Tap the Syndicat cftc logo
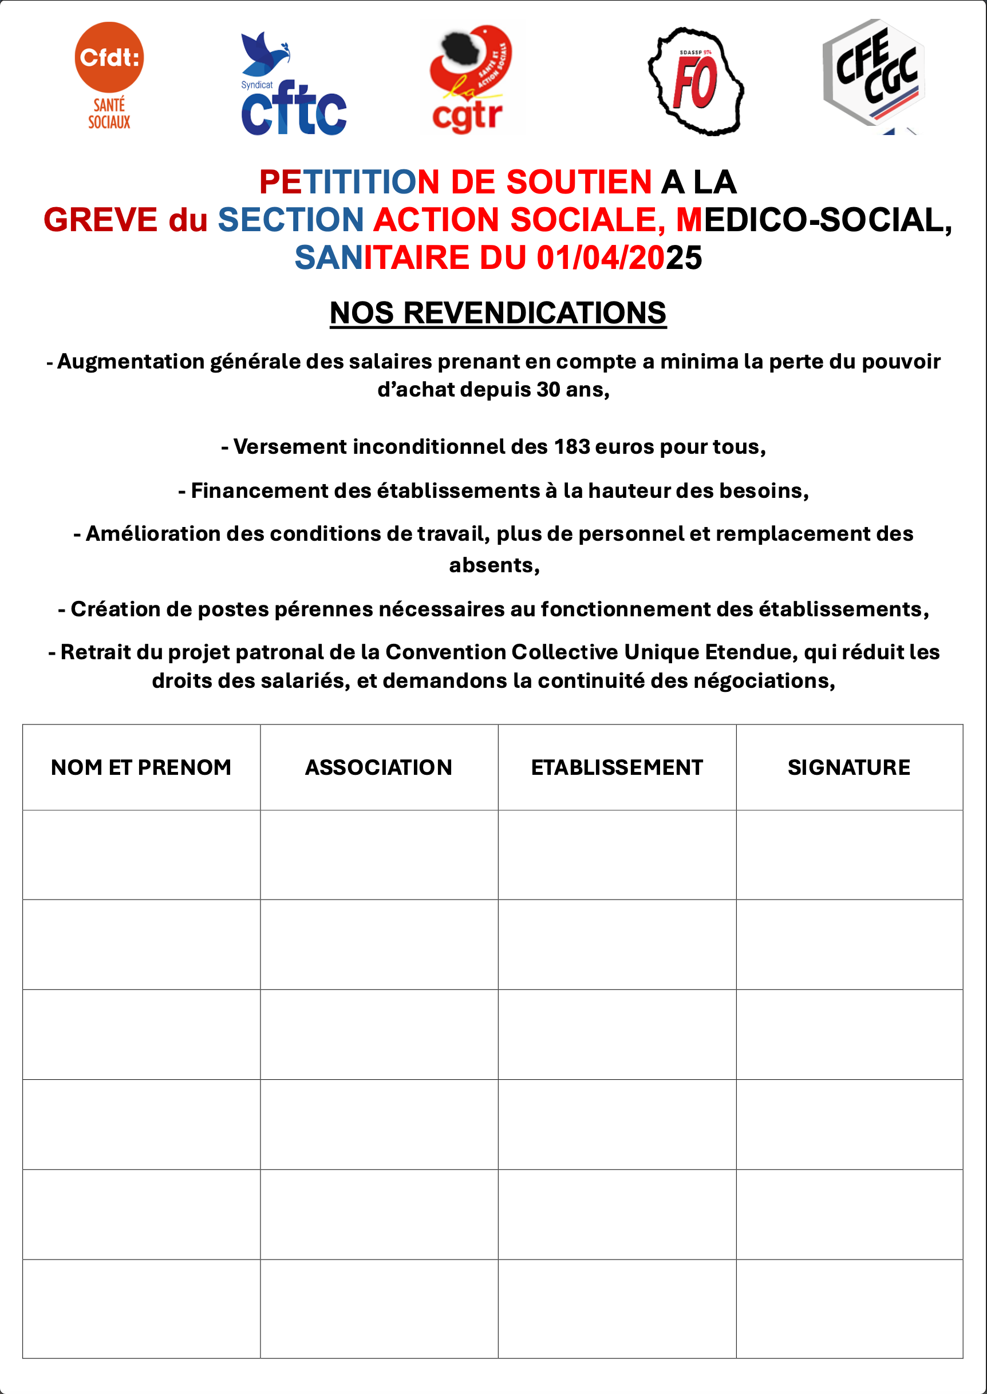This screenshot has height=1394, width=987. (x=293, y=85)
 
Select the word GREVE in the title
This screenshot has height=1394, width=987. (x=100, y=220)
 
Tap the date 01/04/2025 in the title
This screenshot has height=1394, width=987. (x=619, y=258)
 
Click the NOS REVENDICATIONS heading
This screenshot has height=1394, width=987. (x=498, y=314)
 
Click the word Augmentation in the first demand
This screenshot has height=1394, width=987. (x=131, y=362)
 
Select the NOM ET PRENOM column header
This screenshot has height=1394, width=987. (x=141, y=768)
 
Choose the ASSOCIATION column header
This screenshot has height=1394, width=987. (x=378, y=768)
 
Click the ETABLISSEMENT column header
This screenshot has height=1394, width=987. (x=617, y=768)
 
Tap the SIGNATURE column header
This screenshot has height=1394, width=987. (x=849, y=768)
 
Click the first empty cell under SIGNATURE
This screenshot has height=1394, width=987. (x=849, y=854)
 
